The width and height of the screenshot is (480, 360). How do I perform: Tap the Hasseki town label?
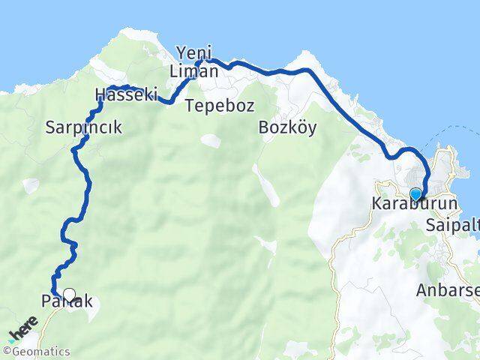coord(125,95)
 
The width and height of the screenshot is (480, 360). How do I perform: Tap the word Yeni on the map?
coord(190,53)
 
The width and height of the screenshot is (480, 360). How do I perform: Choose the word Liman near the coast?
coord(193,72)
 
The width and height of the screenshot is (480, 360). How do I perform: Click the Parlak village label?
coord(67,302)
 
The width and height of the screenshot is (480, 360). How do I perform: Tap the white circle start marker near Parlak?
coord(70,294)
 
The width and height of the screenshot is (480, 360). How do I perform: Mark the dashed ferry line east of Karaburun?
coord(457,135)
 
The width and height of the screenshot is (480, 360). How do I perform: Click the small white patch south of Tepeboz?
coord(211,140)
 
